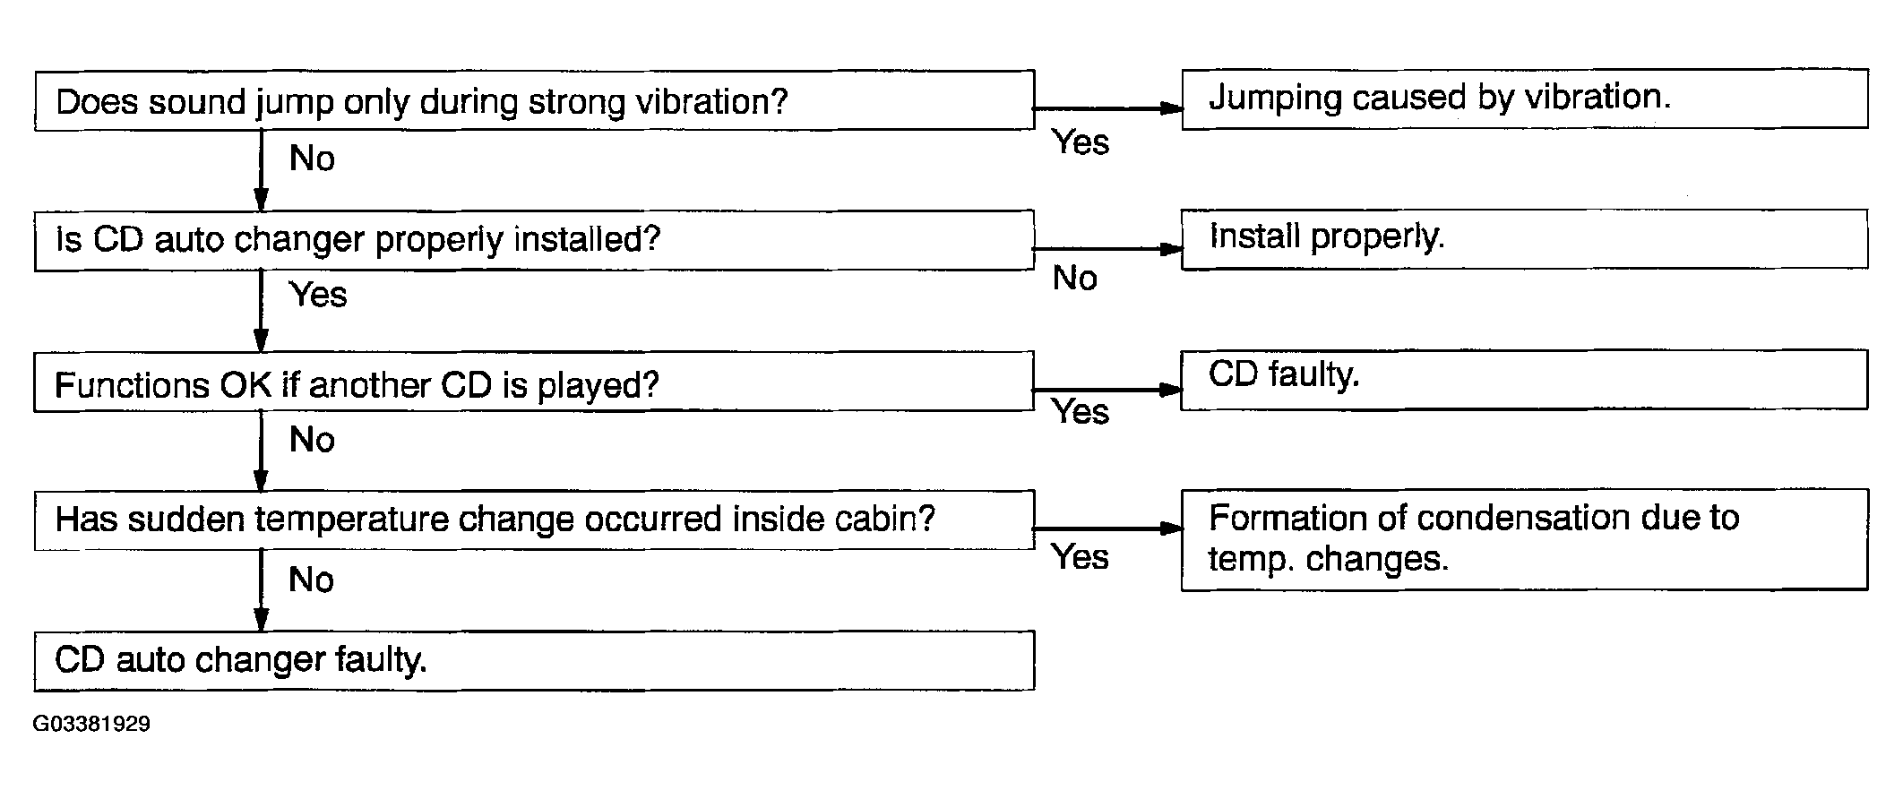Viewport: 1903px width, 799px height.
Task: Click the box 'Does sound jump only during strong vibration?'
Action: click(x=535, y=100)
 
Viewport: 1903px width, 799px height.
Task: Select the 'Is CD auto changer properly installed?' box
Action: click(x=535, y=240)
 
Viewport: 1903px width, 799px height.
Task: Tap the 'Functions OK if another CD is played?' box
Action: click(x=535, y=382)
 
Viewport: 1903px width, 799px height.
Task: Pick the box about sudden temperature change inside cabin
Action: click(x=535, y=520)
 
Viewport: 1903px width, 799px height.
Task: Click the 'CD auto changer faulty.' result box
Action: click(x=535, y=661)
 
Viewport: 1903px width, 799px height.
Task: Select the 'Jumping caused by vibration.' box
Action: click(x=1525, y=99)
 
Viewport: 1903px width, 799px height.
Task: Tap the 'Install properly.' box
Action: click(x=1525, y=239)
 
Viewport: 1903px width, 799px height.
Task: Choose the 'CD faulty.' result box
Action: click(x=1525, y=380)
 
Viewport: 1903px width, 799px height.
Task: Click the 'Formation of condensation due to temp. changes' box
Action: click(x=1525, y=540)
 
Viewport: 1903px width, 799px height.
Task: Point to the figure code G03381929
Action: click(x=91, y=724)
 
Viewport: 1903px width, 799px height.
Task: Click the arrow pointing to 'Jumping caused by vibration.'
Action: click(x=1108, y=108)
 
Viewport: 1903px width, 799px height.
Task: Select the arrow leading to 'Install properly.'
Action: click(x=1108, y=249)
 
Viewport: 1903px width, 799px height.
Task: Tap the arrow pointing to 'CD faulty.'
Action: click(x=1108, y=390)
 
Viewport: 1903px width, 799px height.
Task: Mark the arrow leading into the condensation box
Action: click(x=1108, y=528)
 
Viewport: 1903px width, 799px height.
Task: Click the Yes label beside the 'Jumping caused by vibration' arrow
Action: click(x=1081, y=142)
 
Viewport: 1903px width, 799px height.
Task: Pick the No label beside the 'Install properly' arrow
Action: click(x=1075, y=279)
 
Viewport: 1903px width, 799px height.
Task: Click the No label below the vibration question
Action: click(x=312, y=159)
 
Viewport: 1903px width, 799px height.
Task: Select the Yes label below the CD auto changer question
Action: click(x=318, y=295)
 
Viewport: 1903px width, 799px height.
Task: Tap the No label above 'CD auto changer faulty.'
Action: click(x=312, y=580)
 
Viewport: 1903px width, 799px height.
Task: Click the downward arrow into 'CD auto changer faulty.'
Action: click(x=261, y=590)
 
